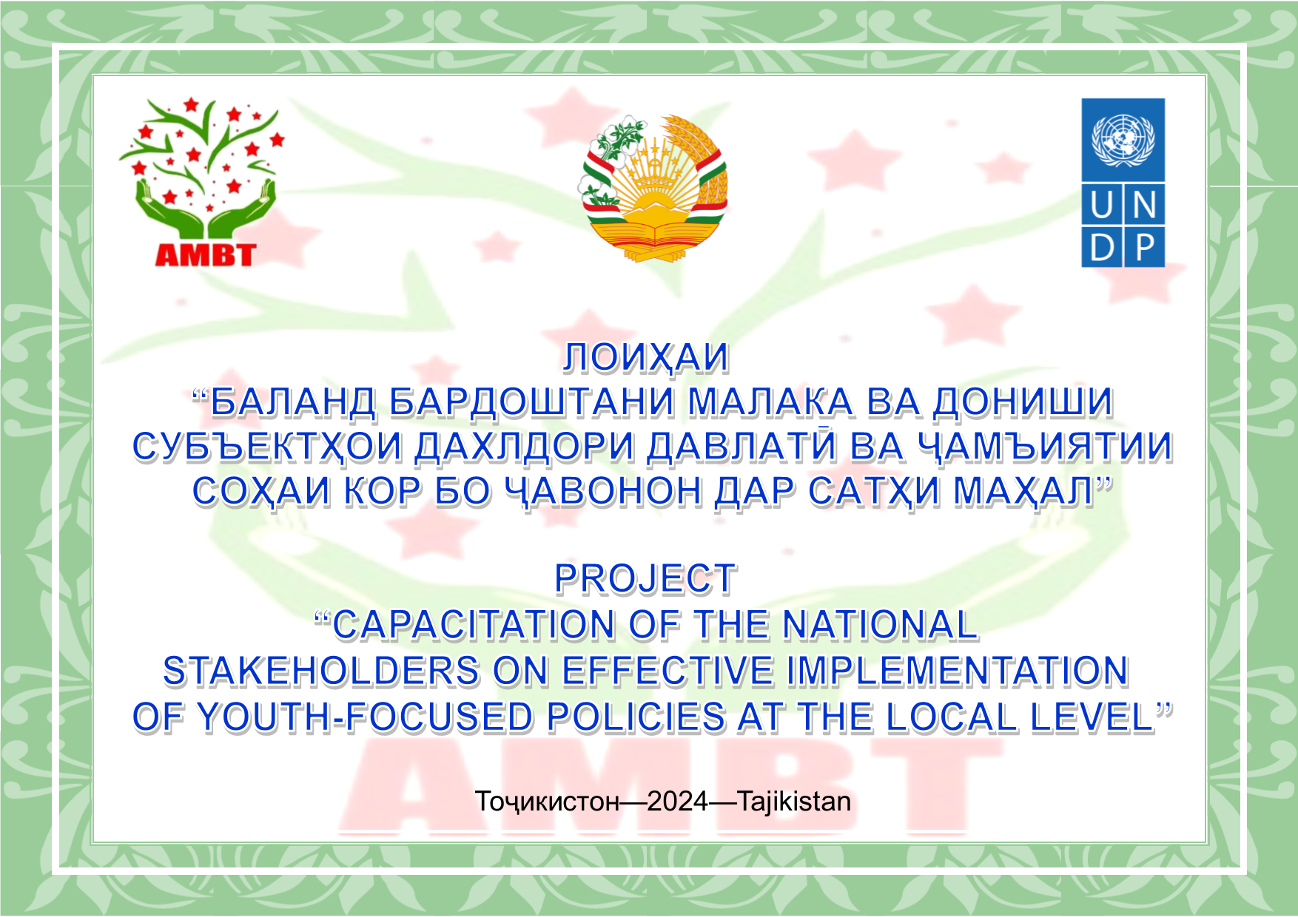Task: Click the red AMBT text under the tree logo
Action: [x=205, y=255]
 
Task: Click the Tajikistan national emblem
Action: [x=653, y=188]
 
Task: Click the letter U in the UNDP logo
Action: [x=1101, y=205]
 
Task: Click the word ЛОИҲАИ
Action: [x=646, y=358]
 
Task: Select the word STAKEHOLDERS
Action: [x=322, y=671]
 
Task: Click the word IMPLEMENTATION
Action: [x=957, y=671]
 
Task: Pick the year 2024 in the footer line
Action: [x=677, y=802]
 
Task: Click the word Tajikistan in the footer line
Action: [x=794, y=802]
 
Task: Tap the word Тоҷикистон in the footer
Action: [x=547, y=802]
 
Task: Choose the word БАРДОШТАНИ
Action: [x=532, y=402]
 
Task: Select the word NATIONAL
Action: [x=880, y=625]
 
